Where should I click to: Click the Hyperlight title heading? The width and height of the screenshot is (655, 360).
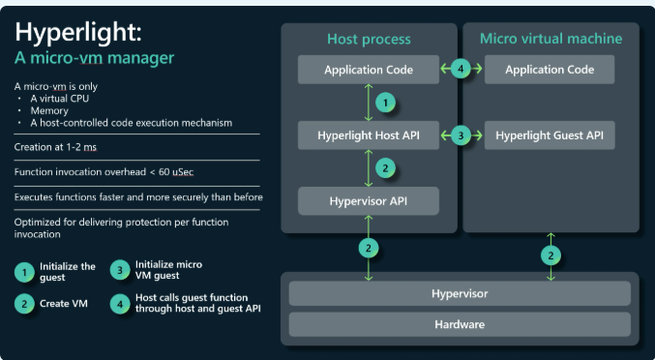tap(78, 33)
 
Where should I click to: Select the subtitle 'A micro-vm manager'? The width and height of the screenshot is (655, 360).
tap(94, 58)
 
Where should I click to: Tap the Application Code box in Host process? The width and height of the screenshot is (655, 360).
tap(369, 70)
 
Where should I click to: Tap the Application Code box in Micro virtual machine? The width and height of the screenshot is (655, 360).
tap(550, 70)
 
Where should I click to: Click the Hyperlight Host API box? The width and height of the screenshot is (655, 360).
tap(369, 135)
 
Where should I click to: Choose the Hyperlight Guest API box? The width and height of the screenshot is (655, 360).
tap(550, 135)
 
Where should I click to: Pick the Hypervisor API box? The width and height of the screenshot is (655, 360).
tap(369, 201)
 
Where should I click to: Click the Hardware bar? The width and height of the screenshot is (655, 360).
tap(460, 324)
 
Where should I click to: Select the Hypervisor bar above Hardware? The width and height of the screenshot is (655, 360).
tap(460, 293)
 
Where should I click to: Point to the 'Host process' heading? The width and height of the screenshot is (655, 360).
tap(369, 39)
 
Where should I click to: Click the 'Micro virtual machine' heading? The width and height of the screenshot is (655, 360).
tap(551, 39)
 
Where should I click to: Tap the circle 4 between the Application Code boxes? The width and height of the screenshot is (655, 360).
tap(461, 69)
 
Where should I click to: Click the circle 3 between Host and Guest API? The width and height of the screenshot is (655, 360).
tap(461, 135)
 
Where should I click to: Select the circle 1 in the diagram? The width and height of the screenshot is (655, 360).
tap(385, 103)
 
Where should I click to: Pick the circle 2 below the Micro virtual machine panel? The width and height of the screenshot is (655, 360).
tap(551, 255)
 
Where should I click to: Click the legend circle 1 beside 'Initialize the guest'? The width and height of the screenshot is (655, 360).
tap(24, 272)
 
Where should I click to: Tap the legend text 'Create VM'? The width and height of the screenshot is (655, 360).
tap(64, 304)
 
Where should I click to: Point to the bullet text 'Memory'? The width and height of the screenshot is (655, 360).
tap(49, 110)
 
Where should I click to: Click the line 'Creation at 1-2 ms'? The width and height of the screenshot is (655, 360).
tap(55, 147)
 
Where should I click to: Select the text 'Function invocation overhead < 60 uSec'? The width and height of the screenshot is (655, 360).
tap(104, 172)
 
